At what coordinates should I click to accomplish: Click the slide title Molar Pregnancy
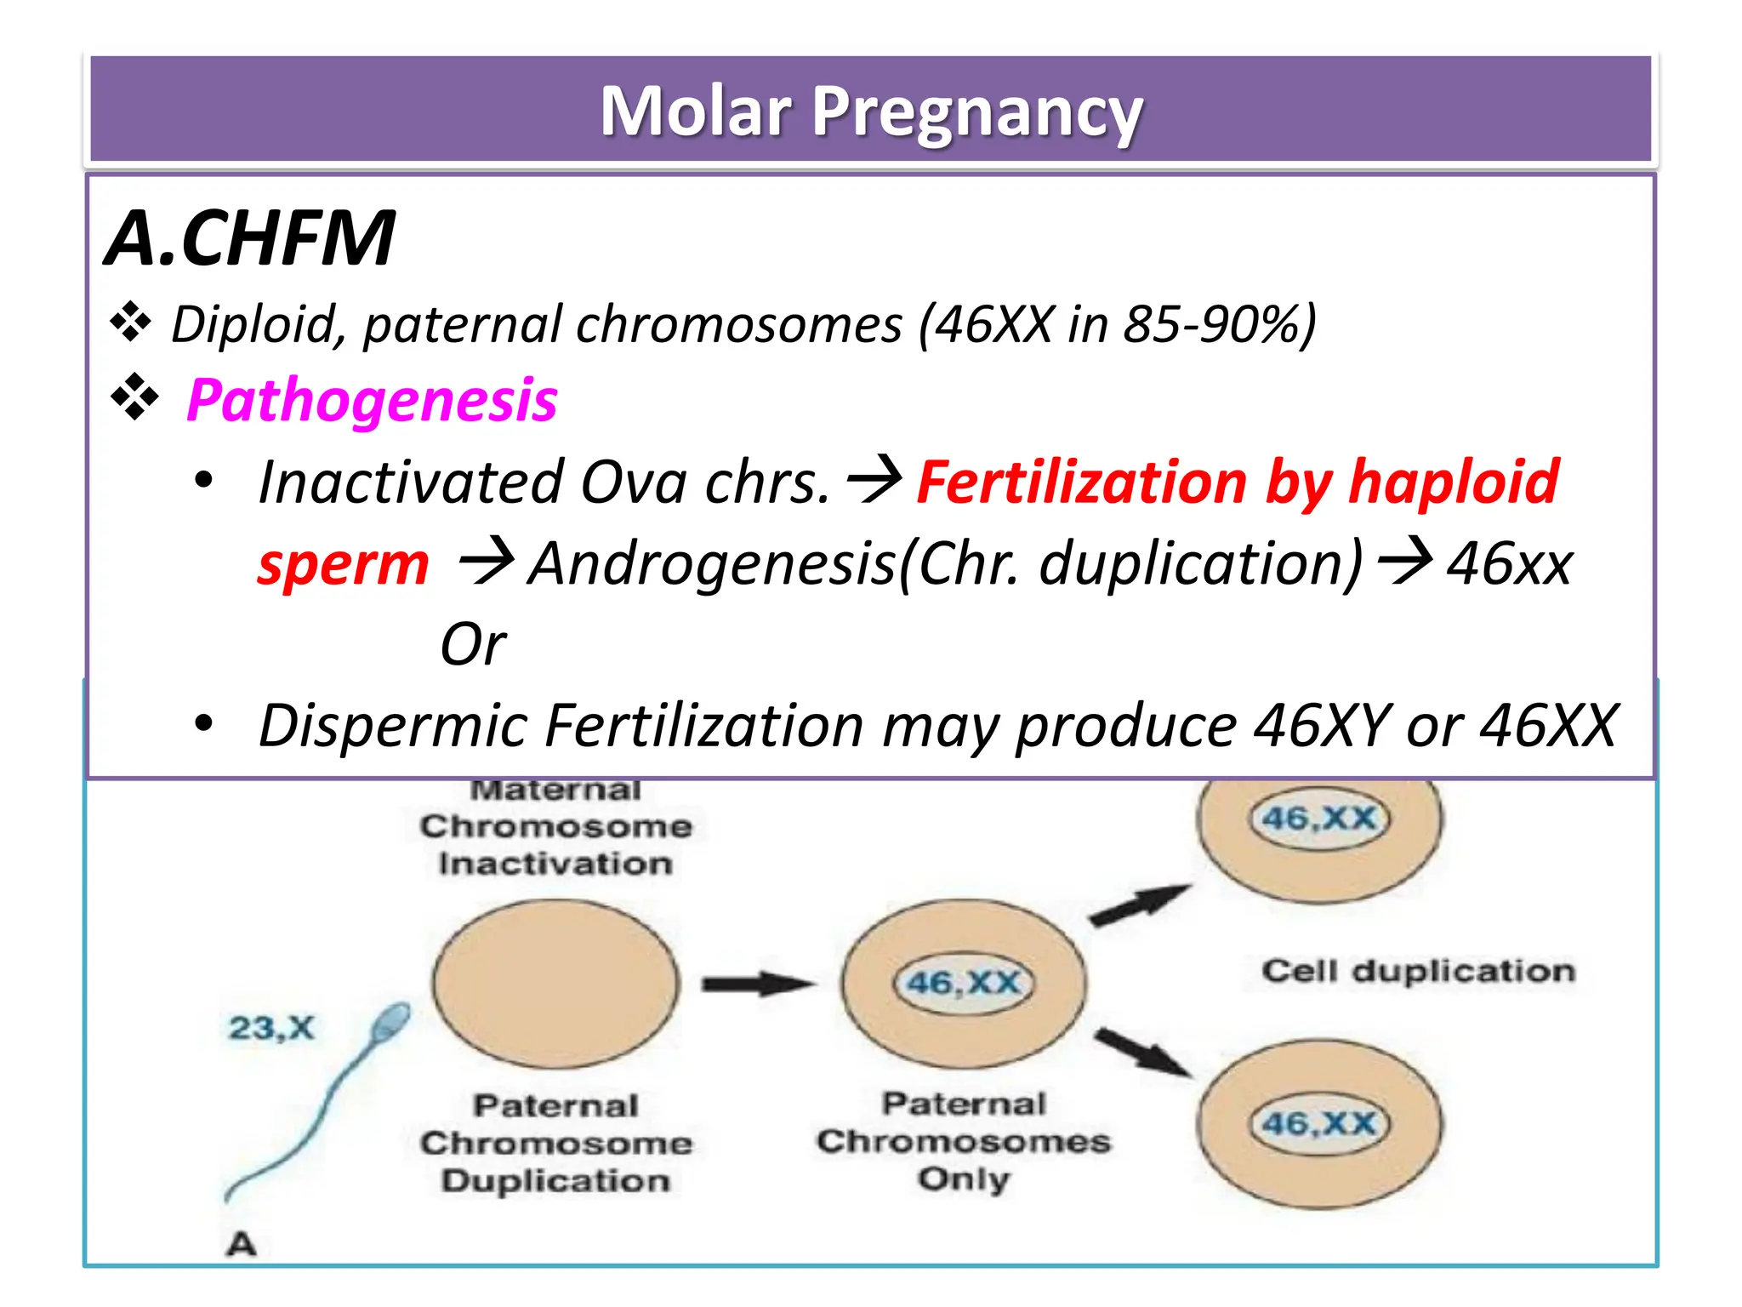871,111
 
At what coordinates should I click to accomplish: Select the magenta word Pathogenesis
372,400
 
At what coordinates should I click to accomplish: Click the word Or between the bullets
473,644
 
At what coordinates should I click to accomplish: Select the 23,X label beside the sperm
271,1028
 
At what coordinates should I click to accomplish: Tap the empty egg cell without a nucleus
555,984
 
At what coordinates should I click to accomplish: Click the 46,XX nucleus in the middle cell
963,984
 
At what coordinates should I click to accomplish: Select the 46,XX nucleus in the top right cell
1318,819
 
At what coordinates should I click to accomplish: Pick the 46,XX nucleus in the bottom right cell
1318,1123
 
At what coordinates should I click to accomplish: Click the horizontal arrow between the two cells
756,985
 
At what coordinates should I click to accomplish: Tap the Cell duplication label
1418,971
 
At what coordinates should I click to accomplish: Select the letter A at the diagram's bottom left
242,1244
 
